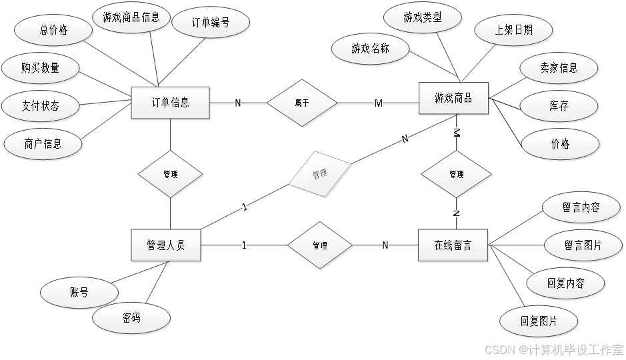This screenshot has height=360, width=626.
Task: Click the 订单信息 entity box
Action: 171,103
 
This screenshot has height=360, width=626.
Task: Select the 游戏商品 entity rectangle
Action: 453,99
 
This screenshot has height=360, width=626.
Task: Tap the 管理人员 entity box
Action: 165,245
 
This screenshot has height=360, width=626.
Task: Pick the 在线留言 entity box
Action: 453,245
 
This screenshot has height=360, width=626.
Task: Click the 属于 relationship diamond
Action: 302,103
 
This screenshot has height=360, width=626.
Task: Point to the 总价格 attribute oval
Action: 54,30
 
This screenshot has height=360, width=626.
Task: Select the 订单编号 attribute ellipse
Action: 211,23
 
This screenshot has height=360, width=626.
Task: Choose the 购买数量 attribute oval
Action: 40,67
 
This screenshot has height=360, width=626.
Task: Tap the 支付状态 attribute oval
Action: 40,105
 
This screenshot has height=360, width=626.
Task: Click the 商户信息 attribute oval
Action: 43,143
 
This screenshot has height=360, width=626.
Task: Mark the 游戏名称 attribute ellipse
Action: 371,48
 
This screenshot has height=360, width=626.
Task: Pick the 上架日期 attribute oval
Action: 513,30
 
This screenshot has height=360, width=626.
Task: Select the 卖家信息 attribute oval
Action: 559,68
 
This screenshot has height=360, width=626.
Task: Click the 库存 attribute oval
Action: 559,105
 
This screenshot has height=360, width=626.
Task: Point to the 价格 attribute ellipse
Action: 560,143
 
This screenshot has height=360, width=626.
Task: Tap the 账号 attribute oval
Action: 79,292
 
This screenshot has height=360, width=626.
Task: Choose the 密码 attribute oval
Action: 131,318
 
